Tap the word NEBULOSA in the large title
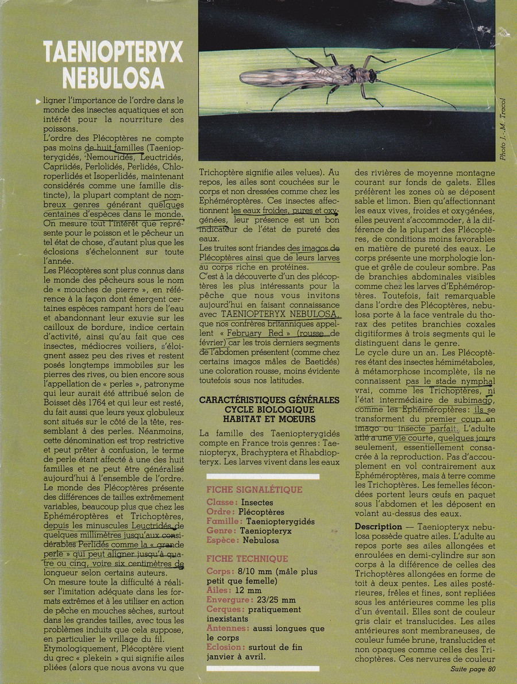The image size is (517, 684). [x=114, y=78]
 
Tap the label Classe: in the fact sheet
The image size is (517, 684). [x=222, y=503]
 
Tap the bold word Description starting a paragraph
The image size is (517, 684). [x=379, y=526]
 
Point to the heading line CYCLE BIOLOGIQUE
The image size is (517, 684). [x=261, y=409]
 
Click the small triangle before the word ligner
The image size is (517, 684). [x=38, y=101]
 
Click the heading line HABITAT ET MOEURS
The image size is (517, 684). [x=261, y=419]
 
